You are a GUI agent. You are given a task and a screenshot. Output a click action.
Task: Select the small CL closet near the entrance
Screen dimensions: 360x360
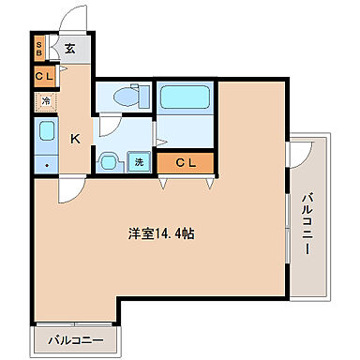pyautogui.click(x=44, y=77)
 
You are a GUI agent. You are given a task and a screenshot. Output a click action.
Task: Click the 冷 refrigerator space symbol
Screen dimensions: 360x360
pyautogui.click(x=44, y=101)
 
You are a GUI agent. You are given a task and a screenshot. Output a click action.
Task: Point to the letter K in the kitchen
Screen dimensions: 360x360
pyautogui.click(x=76, y=139)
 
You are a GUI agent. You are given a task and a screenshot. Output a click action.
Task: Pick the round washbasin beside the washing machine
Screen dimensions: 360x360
pyautogui.click(x=110, y=162)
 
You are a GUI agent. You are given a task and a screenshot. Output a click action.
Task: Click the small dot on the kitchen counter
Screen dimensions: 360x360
pyautogui.click(x=45, y=166)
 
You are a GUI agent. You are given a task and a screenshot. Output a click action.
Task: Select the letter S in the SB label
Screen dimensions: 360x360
pyautogui.click(x=39, y=45)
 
